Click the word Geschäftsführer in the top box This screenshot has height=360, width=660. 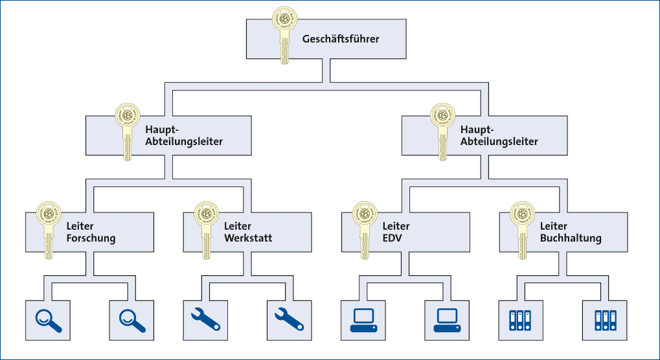(341, 39)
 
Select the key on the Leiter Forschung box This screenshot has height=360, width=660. (47, 230)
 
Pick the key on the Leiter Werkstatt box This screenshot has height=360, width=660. (205, 230)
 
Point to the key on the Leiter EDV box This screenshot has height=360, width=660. (363, 230)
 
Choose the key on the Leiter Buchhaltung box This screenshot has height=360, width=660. (521, 230)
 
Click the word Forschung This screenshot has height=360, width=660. (91, 238)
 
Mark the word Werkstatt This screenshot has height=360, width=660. (248, 238)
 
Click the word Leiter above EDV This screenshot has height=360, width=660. (396, 227)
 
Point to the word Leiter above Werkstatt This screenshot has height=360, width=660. (238, 227)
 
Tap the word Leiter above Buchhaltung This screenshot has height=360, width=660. (554, 227)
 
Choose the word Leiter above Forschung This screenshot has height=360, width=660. (80, 227)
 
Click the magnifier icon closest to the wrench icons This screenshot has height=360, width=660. (132, 320)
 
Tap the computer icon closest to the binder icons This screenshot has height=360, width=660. (446, 321)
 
